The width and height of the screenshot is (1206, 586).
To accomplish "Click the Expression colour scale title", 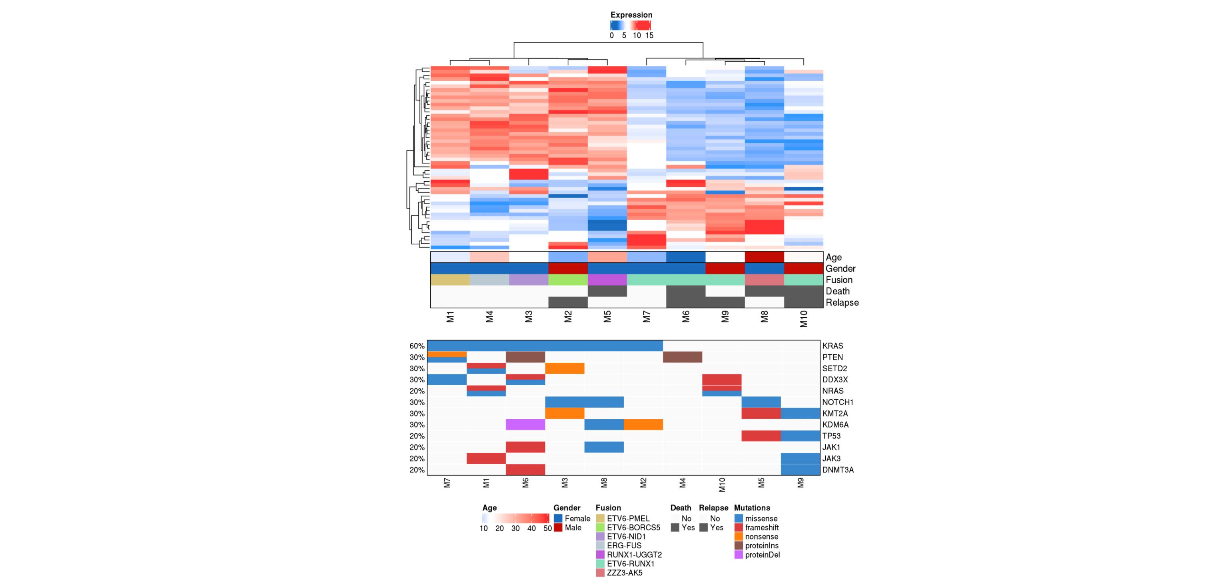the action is coord(631,15).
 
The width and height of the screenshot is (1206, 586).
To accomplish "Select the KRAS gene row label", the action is coord(833,346).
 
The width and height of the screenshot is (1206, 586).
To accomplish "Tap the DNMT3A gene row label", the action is coord(838,470).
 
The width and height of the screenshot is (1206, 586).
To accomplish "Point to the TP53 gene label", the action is coord(831,436).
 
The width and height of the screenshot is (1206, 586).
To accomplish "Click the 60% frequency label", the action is coord(417,346).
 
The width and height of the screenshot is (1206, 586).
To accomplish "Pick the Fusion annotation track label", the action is coord(839,280).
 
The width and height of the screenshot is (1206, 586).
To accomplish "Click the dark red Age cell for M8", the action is coord(764,257).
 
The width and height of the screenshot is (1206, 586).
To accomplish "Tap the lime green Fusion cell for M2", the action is coord(568,280).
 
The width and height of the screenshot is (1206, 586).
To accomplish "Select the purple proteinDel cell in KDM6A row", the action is coord(525,425).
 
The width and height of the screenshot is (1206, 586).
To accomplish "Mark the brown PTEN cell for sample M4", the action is coord(683,357).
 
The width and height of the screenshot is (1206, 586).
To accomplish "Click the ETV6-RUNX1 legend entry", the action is coord(625,564).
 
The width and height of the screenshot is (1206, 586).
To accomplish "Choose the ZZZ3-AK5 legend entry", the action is coord(619,573).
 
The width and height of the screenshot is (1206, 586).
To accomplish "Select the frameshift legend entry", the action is coord(757,528).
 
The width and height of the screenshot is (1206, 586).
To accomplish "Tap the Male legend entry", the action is coord(568,528).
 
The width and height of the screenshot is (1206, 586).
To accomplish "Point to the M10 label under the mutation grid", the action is coord(722,485).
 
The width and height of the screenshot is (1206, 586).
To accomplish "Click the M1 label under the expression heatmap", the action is coord(450,317).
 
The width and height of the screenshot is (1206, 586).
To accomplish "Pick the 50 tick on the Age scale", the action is coord(547,528).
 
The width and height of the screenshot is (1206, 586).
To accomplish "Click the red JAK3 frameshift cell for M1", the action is coord(486,458).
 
